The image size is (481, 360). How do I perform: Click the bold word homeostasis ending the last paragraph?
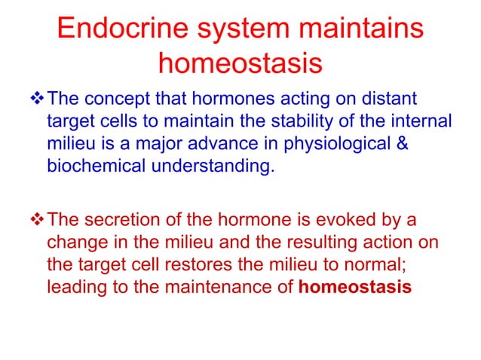coord(361,287)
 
